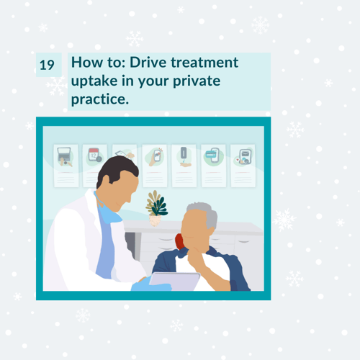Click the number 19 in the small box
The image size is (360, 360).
[47, 65]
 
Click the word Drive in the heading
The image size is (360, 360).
[148, 63]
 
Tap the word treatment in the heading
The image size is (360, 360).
[204, 63]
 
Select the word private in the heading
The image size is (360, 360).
[197, 81]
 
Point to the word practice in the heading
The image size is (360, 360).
[100, 99]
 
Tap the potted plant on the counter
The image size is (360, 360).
[156, 208]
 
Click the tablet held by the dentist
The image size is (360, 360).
[175, 281]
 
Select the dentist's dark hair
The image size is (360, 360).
[115, 169]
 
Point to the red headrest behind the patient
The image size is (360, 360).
[179, 241]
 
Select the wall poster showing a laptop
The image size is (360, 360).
[66, 166]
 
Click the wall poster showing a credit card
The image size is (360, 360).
[214, 166]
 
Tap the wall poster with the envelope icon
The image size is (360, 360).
[243, 166]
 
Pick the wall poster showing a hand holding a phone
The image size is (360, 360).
[155, 166]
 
